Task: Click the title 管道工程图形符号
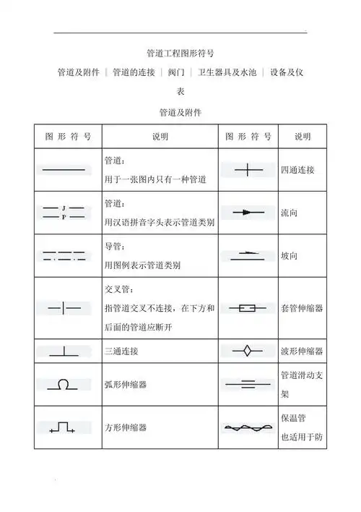pos(180,54)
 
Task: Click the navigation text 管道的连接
pos(134,72)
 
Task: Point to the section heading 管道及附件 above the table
pos(180,113)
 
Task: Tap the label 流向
pos(289,213)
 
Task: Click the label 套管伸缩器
pos(302,308)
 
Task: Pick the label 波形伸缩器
pos(302,351)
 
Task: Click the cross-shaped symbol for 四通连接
pos(248,171)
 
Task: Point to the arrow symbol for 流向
pos(248,213)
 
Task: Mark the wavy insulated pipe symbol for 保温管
pos(248,427)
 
